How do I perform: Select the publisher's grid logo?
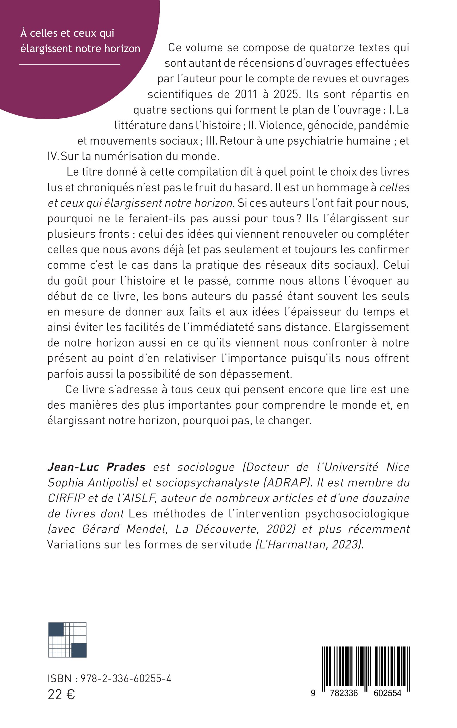[x=67, y=640]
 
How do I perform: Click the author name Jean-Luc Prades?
[x=96, y=467]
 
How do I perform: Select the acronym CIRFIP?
[x=66, y=498]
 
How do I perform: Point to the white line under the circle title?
[x=69, y=64]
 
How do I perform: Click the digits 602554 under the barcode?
[x=387, y=693]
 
